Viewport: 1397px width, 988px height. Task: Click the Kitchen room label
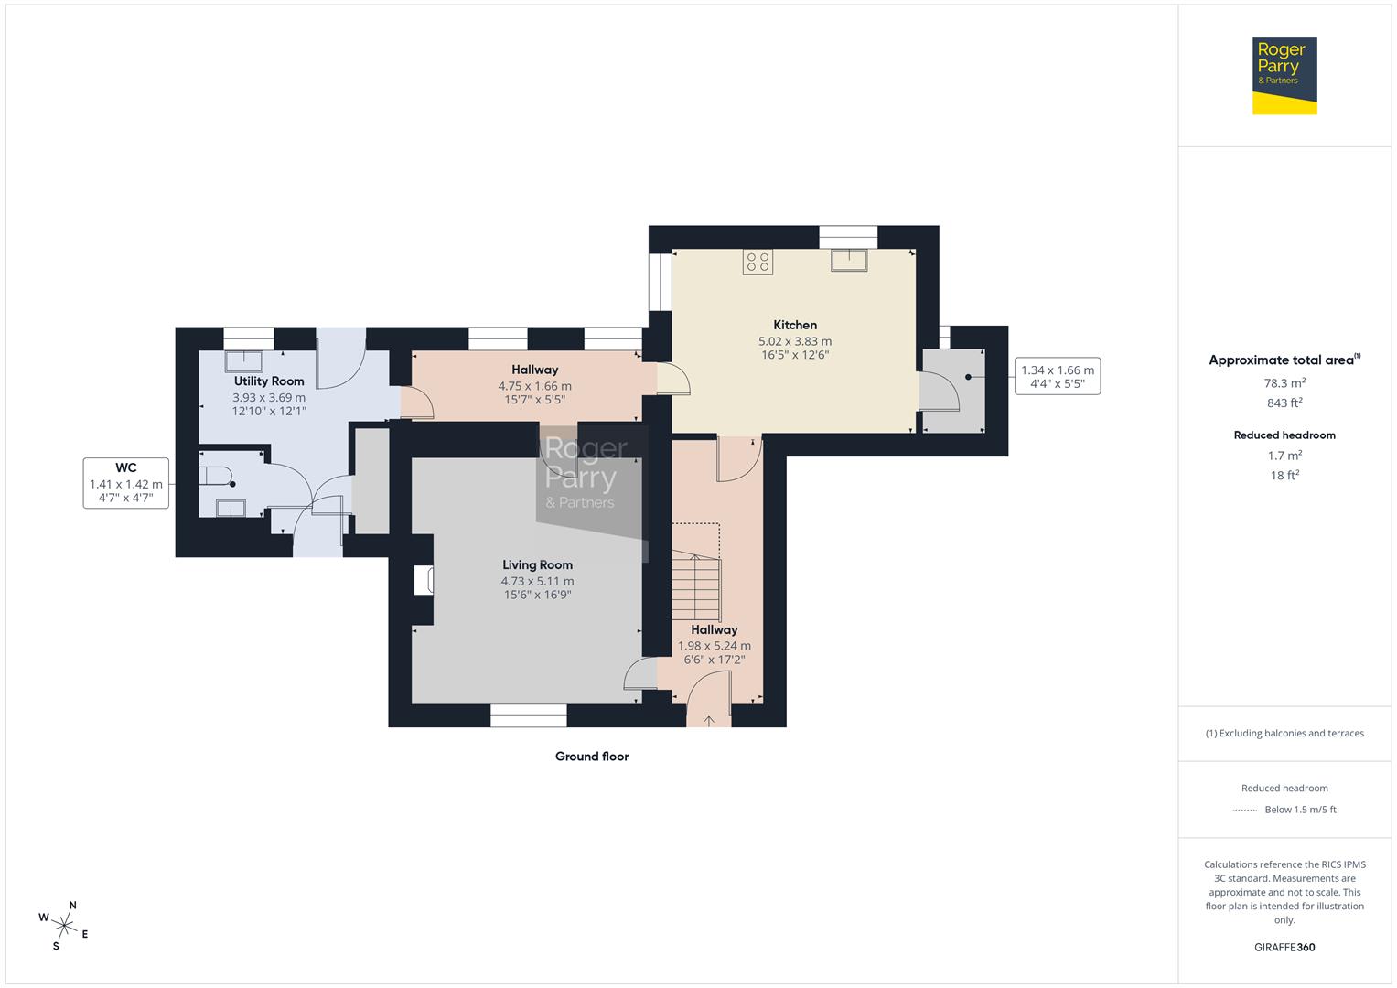(x=794, y=325)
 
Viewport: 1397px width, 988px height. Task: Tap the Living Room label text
(x=537, y=564)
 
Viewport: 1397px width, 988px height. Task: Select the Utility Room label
(x=269, y=381)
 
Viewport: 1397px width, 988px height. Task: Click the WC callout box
(x=126, y=483)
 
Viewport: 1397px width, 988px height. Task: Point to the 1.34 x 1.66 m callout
(x=1057, y=376)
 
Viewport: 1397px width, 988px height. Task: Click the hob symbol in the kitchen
(x=758, y=263)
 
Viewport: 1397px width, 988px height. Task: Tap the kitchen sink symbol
(x=848, y=261)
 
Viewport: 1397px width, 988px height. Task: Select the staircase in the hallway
(x=696, y=585)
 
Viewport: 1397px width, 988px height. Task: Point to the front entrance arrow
(x=709, y=721)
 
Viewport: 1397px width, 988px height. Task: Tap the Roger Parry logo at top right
(x=1284, y=75)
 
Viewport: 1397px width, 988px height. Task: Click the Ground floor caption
(x=592, y=757)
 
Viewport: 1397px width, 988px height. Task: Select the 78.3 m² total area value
(x=1284, y=383)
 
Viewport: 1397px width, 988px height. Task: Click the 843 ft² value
(x=1284, y=403)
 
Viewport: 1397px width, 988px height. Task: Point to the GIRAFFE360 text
(x=1284, y=947)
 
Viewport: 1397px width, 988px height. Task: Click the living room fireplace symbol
(x=424, y=581)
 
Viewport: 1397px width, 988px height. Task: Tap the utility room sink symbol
(x=245, y=361)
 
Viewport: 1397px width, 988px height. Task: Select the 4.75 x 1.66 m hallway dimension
(x=534, y=386)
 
